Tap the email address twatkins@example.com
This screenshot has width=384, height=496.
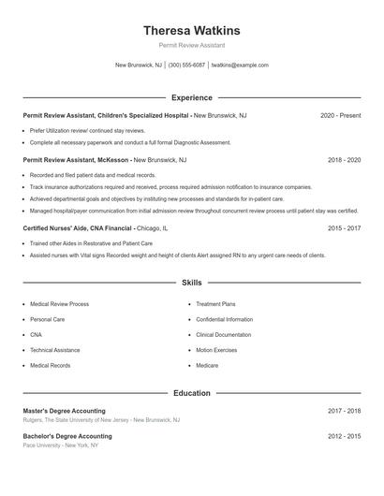click(240, 66)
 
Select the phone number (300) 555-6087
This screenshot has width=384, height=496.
click(187, 66)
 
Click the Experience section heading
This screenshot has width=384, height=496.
click(191, 97)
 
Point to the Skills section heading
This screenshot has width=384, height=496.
click(191, 282)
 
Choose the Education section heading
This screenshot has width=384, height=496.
click(191, 393)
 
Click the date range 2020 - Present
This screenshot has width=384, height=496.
click(340, 115)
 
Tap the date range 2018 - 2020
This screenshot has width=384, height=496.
click(344, 160)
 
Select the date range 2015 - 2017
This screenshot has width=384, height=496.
click(344, 227)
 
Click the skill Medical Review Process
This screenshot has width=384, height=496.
click(59, 304)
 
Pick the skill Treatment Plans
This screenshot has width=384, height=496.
click(215, 304)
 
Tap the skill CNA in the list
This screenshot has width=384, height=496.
click(36, 334)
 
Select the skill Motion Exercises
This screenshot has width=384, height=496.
click(216, 350)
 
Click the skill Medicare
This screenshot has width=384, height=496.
click(207, 365)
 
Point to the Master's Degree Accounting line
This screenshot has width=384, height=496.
click(64, 411)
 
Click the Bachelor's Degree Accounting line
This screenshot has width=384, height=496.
click(67, 436)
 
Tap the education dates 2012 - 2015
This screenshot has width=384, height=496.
click(344, 436)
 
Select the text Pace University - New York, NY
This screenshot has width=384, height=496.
click(61, 445)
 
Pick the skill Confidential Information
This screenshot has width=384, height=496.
click(225, 319)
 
